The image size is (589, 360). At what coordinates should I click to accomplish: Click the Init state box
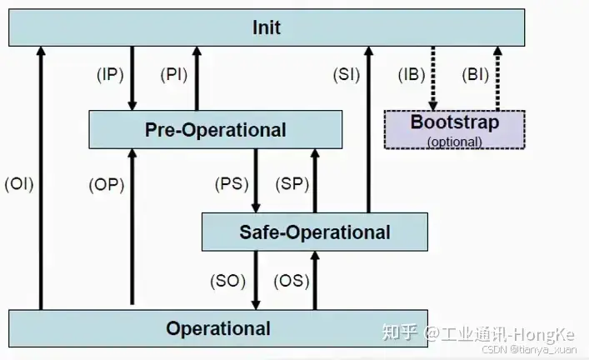267,27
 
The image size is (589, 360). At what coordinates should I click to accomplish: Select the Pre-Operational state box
215,130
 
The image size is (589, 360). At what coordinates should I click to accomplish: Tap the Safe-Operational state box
314,232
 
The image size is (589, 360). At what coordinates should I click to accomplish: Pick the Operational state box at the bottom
217,328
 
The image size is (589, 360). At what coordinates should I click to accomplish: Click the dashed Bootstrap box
454,129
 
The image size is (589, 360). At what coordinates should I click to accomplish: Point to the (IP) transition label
110,74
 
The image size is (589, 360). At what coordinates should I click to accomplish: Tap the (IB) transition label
411,74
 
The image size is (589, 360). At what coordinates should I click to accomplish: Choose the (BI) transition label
475,74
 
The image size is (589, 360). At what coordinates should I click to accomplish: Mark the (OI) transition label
18,183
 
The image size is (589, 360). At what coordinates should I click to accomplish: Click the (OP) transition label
106,185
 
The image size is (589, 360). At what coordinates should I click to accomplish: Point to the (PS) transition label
231,183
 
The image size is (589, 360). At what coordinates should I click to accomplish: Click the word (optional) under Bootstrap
454,142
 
